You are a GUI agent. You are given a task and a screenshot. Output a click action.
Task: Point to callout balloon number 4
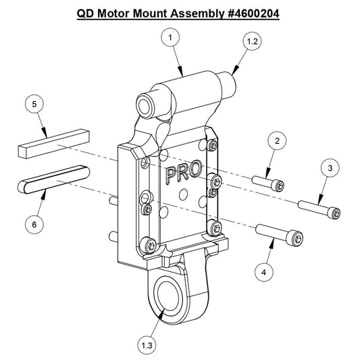pyautogui.click(x=264, y=271)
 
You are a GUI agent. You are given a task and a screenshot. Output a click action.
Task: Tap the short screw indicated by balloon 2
pyautogui.click(x=269, y=183)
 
